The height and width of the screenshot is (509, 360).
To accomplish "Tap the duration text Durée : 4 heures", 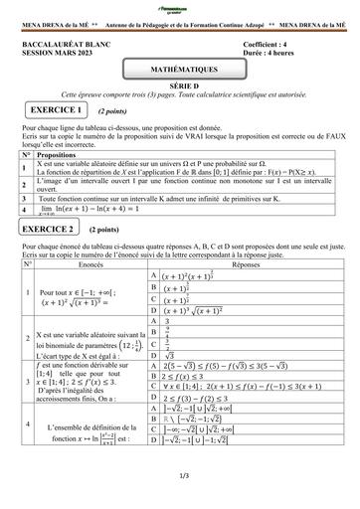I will tap(271, 55).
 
